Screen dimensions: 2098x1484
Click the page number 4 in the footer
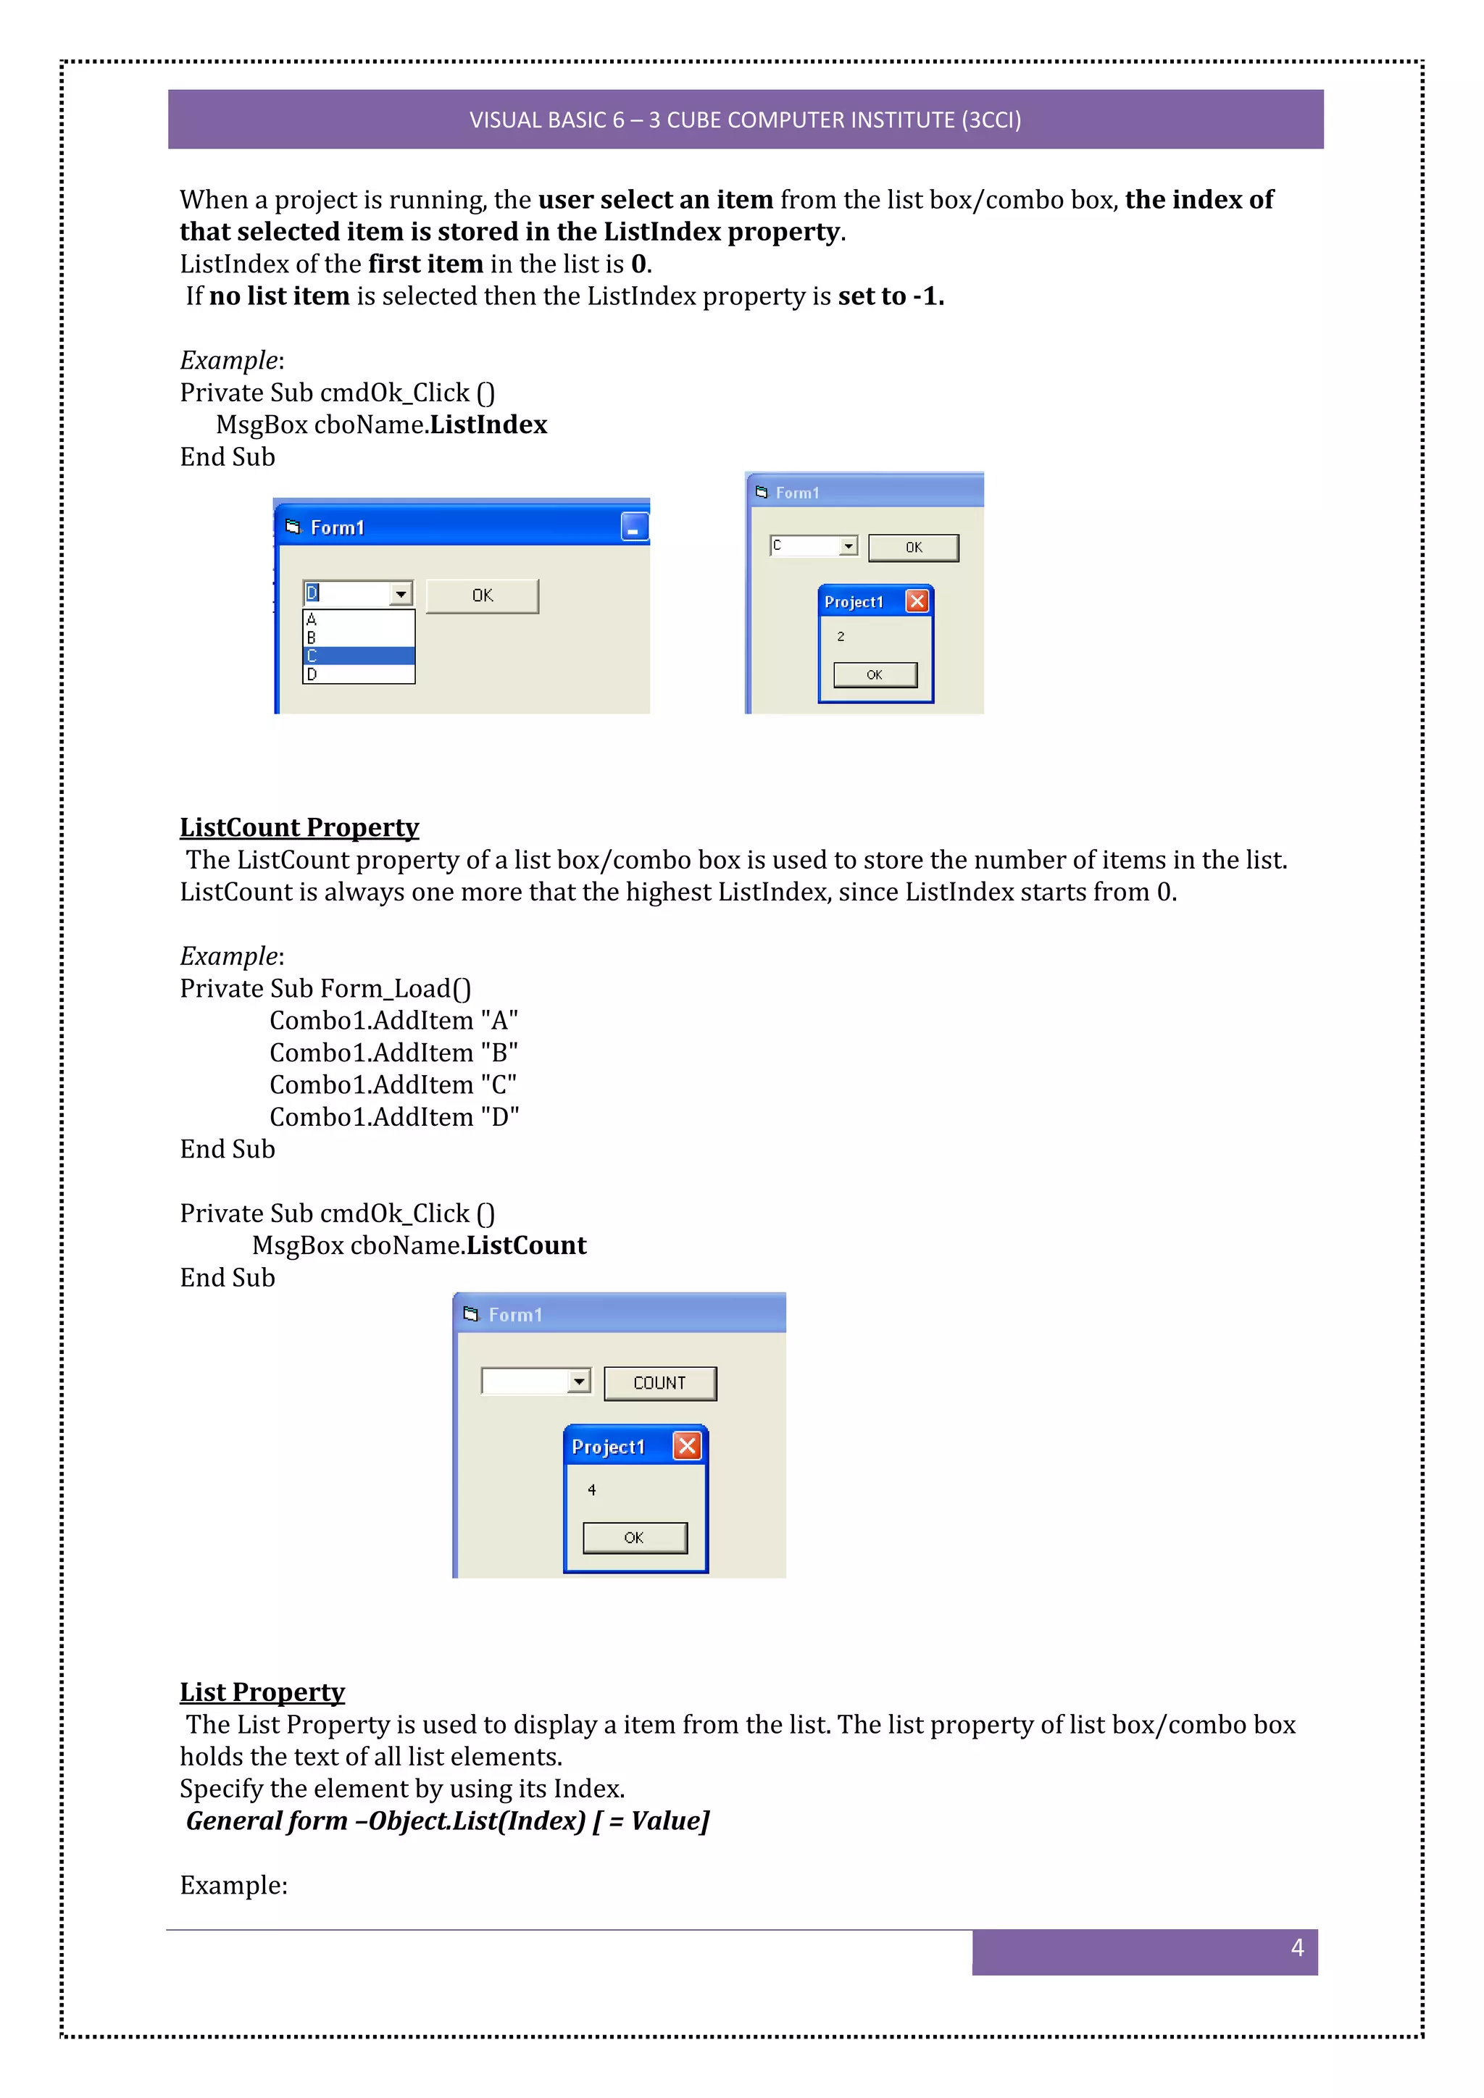1296,1947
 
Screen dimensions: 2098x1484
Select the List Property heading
262,1692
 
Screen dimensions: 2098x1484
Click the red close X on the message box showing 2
917,601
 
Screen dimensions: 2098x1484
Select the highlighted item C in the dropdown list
358,656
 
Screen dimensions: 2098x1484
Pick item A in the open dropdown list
358,619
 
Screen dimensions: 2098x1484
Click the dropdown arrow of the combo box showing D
400,594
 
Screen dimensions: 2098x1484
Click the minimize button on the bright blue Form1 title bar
634,527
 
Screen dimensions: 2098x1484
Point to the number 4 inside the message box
592,1489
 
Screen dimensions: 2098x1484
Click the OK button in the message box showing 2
875,674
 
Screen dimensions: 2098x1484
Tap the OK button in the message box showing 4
634,1538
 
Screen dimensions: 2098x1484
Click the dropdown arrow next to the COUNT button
578,1381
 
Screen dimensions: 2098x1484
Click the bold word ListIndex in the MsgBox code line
488,425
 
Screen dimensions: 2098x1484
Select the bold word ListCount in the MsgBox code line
526,1245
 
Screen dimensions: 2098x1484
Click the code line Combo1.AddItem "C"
393,1084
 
